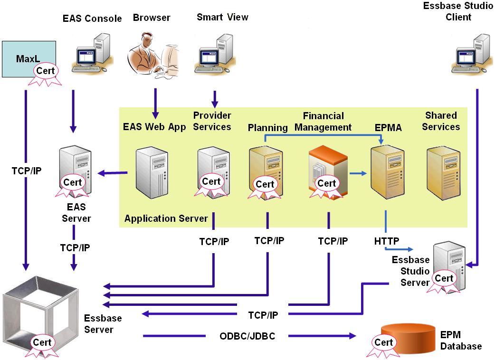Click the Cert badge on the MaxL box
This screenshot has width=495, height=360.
tap(46, 71)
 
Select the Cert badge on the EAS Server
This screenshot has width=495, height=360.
tap(73, 183)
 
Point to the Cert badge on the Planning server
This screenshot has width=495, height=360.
tap(265, 184)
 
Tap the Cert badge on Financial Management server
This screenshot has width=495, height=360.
tap(327, 183)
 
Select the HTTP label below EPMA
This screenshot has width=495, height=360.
tap(387, 241)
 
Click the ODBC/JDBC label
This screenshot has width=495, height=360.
tap(247, 336)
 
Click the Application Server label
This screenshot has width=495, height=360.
tap(166, 218)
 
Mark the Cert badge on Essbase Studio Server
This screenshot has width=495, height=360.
tap(444, 278)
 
